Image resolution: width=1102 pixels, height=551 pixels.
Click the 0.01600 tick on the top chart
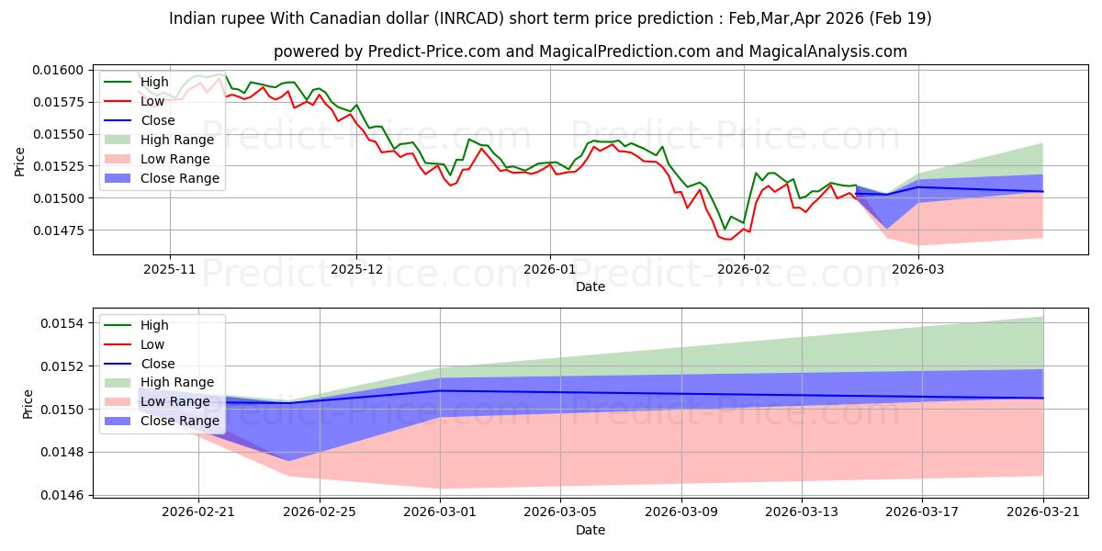click(58, 70)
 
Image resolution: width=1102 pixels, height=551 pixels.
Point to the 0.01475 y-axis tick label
click(58, 231)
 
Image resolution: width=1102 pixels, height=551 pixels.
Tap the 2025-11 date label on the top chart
click(169, 270)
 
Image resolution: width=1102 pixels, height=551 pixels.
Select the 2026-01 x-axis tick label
click(549, 270)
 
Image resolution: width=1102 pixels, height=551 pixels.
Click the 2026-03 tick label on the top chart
click(918, 270)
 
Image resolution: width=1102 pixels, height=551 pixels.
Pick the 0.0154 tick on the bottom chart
click(62, 323)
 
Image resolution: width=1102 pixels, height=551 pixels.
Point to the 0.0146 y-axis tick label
click(62, 495)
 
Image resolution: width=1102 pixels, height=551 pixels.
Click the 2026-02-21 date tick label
click(198, 512)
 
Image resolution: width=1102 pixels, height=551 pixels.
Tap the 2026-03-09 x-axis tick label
click(680, 512)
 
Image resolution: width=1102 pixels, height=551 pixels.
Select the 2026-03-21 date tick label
click(1043, 512)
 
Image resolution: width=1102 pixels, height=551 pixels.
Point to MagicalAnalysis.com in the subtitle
click(828, 51)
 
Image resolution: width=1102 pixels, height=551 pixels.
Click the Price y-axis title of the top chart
click(19, 162)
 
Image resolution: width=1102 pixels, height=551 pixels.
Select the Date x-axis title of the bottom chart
click(590, 530)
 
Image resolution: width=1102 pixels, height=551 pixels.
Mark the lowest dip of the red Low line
click(730, 240)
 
